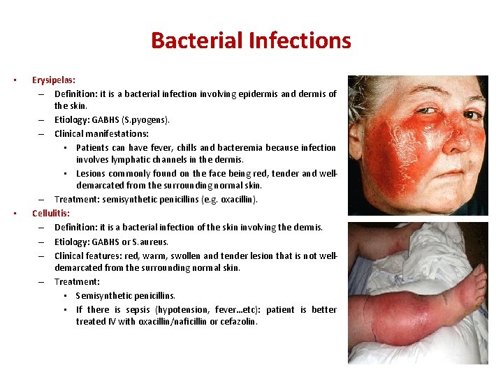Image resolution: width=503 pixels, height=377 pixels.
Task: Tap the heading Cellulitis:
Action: point(50,213)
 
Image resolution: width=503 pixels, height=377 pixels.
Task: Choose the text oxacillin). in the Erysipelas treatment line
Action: point(238,200)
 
